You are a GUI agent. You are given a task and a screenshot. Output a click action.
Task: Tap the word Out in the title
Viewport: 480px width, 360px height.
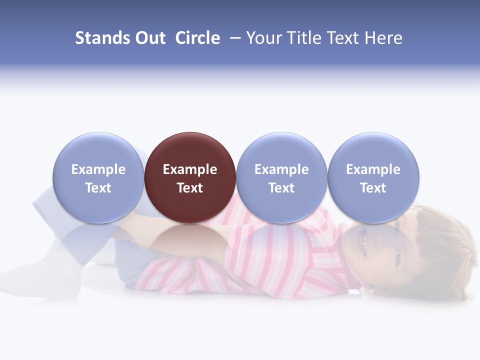click(x=149, y=38)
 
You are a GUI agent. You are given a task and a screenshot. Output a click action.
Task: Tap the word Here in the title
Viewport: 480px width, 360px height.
click(x=383, y=38)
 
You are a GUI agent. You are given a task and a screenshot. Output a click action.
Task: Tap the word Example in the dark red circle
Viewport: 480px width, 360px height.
click(x=190, y=169)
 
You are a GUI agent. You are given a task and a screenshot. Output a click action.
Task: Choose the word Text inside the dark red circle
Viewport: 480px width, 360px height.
click(x=190, y=188)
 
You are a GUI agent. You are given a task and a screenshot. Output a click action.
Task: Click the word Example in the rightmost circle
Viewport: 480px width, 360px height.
click(x=373, y=169)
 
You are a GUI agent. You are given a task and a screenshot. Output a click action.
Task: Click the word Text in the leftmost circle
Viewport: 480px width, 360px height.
click(x=98, y=188)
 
